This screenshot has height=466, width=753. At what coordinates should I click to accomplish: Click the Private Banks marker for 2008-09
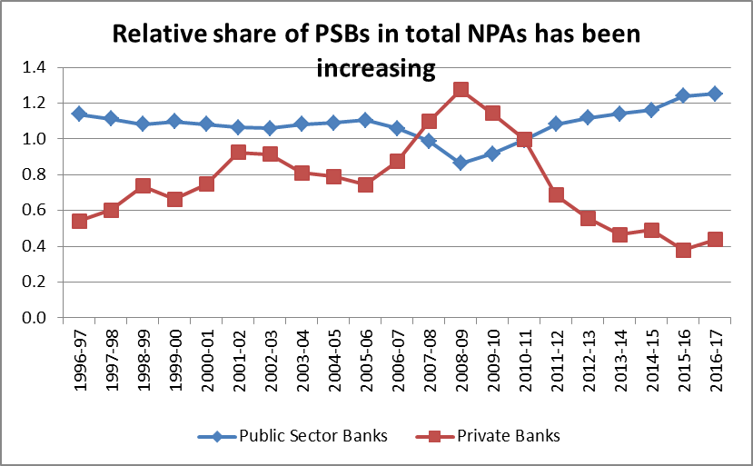coord(461,90)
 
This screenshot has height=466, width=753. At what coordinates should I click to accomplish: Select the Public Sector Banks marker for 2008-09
coord(461,163)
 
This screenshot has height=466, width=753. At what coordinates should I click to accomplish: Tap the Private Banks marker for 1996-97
coord(79,221)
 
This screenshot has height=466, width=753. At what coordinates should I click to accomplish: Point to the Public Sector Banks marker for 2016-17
coord(715,94)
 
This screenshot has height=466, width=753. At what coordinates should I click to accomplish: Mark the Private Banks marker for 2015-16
coord(683,250)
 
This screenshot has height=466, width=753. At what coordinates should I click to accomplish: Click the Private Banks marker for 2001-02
coord(238,153)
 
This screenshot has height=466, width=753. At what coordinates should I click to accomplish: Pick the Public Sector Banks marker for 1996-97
coord(79,114)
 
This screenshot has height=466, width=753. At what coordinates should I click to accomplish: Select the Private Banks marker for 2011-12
coord(556,194)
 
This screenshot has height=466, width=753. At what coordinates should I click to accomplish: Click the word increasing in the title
coord(376,68)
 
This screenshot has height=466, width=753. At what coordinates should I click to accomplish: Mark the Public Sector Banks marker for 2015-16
coord(683,95)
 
